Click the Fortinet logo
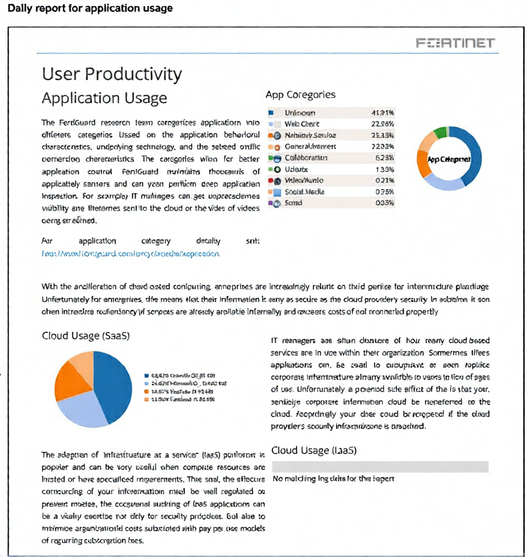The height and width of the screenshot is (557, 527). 455,43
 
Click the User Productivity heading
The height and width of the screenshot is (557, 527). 112,74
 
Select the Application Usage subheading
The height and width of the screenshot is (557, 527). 104,98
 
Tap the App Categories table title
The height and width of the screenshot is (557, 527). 300,95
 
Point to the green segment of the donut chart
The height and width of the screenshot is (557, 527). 440,132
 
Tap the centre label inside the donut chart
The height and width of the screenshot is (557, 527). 449,158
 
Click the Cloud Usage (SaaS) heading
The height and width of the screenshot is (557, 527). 86,335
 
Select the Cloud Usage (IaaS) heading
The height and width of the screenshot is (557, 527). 314,450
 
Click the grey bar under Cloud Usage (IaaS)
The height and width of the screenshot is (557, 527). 380,467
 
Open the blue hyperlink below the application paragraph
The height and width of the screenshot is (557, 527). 131,254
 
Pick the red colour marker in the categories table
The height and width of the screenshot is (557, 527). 270,180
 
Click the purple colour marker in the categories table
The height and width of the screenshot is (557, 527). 270,203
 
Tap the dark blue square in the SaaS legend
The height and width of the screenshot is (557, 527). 146,375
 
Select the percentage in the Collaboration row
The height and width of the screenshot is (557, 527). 383,158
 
